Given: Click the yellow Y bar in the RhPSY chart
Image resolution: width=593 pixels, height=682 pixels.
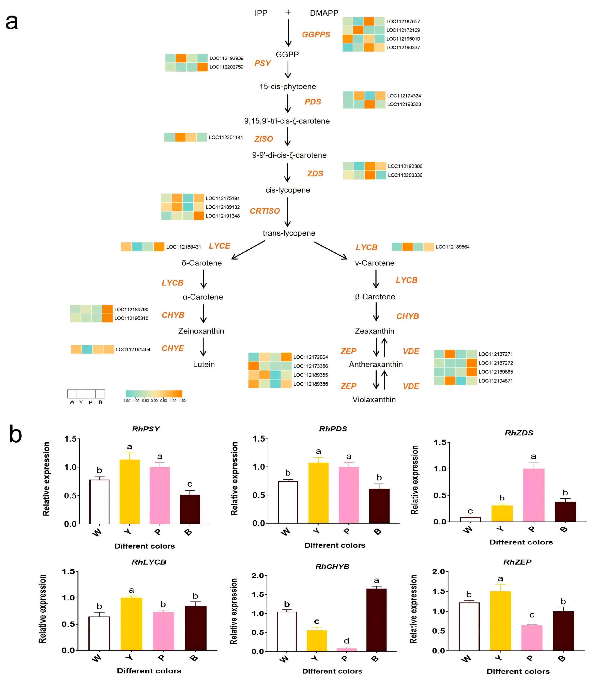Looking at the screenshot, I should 129,491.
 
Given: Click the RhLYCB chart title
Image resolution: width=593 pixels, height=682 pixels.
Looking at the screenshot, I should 149,562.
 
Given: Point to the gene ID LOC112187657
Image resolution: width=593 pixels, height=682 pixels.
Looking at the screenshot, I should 403,21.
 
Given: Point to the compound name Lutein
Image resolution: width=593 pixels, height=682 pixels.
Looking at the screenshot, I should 204,364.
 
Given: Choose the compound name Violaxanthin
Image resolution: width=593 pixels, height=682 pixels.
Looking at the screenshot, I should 374,400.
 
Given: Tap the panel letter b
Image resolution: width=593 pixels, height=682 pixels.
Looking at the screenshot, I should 16,435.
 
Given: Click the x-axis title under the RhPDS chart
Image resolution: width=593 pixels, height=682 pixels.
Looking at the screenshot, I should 335,545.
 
